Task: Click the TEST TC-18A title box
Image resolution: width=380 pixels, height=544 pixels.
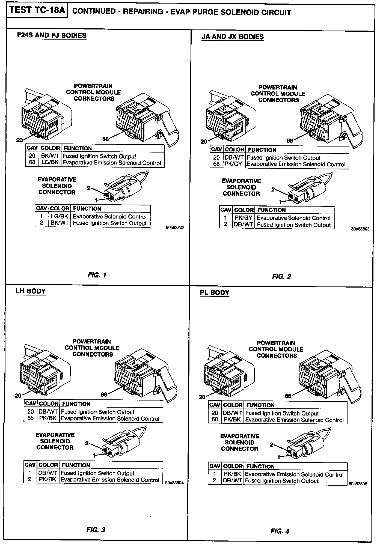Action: coord(37,11)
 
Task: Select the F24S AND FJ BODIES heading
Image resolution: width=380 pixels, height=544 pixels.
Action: coord(52,35)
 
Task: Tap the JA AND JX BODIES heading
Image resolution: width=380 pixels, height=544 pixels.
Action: coord(233,37)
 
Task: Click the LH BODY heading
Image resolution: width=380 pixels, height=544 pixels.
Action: coord(31,291)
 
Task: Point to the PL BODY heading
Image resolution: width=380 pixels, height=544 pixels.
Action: coord(215,292)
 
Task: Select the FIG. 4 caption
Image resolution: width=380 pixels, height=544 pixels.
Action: coord(280,531)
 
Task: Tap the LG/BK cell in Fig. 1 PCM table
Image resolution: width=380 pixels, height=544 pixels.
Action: coord(50,163)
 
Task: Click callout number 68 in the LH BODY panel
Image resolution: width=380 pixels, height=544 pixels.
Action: coord(104,394)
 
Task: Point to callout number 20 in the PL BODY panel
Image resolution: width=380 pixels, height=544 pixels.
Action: coord(202,397)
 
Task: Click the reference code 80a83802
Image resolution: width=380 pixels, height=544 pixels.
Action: coord(175,228)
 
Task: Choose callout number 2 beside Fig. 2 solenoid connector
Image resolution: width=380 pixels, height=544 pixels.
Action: coord(273,189)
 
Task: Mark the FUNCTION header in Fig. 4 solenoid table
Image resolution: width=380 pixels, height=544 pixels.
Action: coord(260,466)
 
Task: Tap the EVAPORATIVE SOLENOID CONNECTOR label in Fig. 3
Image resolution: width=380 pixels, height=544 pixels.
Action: coord(55,441)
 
